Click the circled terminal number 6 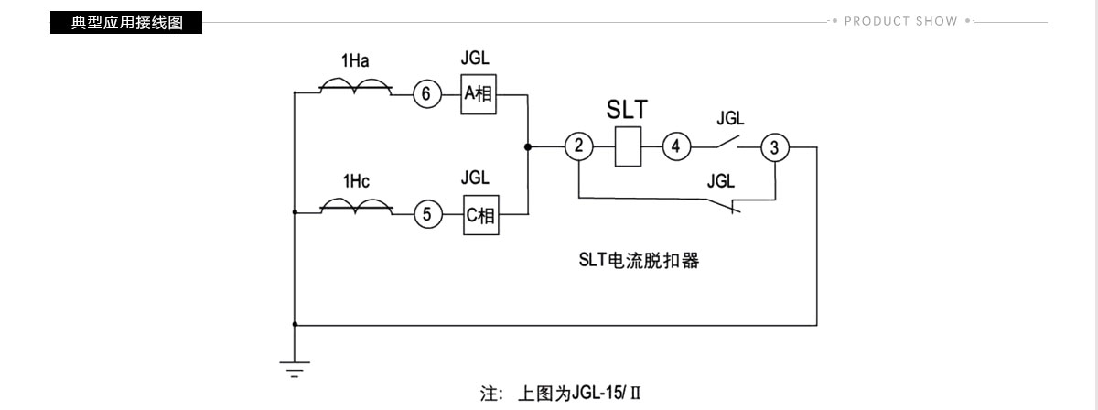click(427, 93)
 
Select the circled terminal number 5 click(428, 214)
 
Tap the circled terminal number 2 click(579, 146)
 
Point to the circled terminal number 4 click(676, 146)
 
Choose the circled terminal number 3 click(775, 147)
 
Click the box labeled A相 click(479, 94)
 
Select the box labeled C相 click(481, 215)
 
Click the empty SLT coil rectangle click(628, 146)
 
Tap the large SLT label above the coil click(627, 110)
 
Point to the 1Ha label click(355, 60)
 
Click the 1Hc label click(356, 181)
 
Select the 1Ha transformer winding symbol click(356, 86)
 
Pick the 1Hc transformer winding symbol click(356, 207)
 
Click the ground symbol click(295, 370)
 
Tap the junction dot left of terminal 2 click(527, 146)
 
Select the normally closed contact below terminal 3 click(724, 206)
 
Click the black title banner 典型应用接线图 click(126, 23)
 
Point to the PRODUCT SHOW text click(901, 22)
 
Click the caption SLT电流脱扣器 click(639, 261)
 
